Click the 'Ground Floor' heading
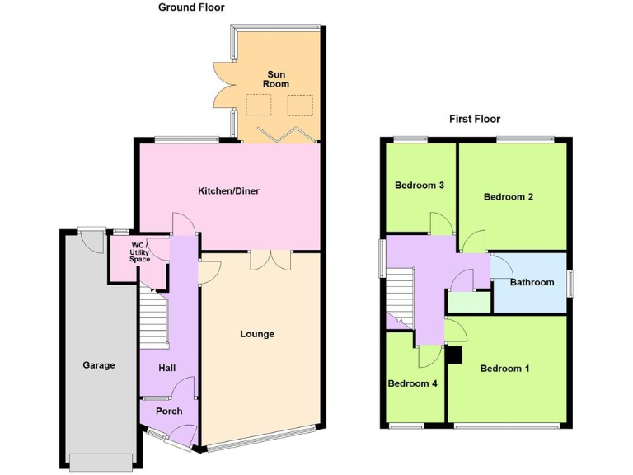(x=191, y=7)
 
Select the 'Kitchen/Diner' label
(x=228, y=191)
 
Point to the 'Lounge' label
(x=257, y=334)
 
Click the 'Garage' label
(x=99, y=365)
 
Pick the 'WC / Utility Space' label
(x=139, y=252)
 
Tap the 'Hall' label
(x=167, y=368)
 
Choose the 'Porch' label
(x=169, y=411)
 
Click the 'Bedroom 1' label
(x=505, y=369)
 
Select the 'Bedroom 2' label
(x=509, y=197)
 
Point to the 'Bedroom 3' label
(x=420, y=186)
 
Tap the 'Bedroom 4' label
(x=412, y=383)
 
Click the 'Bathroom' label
(x=532, y=282)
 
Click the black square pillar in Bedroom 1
(x=453, y=355)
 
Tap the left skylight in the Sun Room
(x=259, y=105)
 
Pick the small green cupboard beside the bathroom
(x=468, y=302)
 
